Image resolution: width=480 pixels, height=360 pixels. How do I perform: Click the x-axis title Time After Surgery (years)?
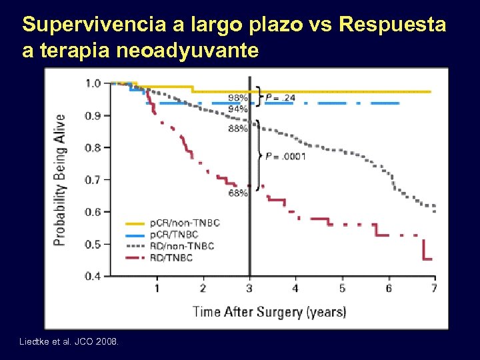click(269, 311)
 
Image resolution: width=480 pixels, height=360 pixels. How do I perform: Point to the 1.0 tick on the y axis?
click(93, 83)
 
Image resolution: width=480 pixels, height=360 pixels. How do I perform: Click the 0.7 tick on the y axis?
click(93, 180)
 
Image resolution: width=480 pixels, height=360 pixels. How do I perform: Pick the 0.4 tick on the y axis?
click(93, 276)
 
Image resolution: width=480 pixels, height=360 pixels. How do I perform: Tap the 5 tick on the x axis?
click(342, 288)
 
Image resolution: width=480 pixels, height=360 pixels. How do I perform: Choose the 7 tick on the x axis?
click(434, 288)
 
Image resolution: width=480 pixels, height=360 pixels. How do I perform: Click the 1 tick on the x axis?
click(157, 288)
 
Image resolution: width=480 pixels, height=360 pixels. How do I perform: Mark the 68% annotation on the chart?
click(237, 193)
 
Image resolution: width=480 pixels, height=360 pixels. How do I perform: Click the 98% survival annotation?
click(238, 97)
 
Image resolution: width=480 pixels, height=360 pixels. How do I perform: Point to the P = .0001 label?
click(285, 157)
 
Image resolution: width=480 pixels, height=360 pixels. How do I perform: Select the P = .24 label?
click(281, 97)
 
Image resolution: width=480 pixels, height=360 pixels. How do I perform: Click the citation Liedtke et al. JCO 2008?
click(70, 342)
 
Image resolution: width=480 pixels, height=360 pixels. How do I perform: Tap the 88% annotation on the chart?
click(238, 129)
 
